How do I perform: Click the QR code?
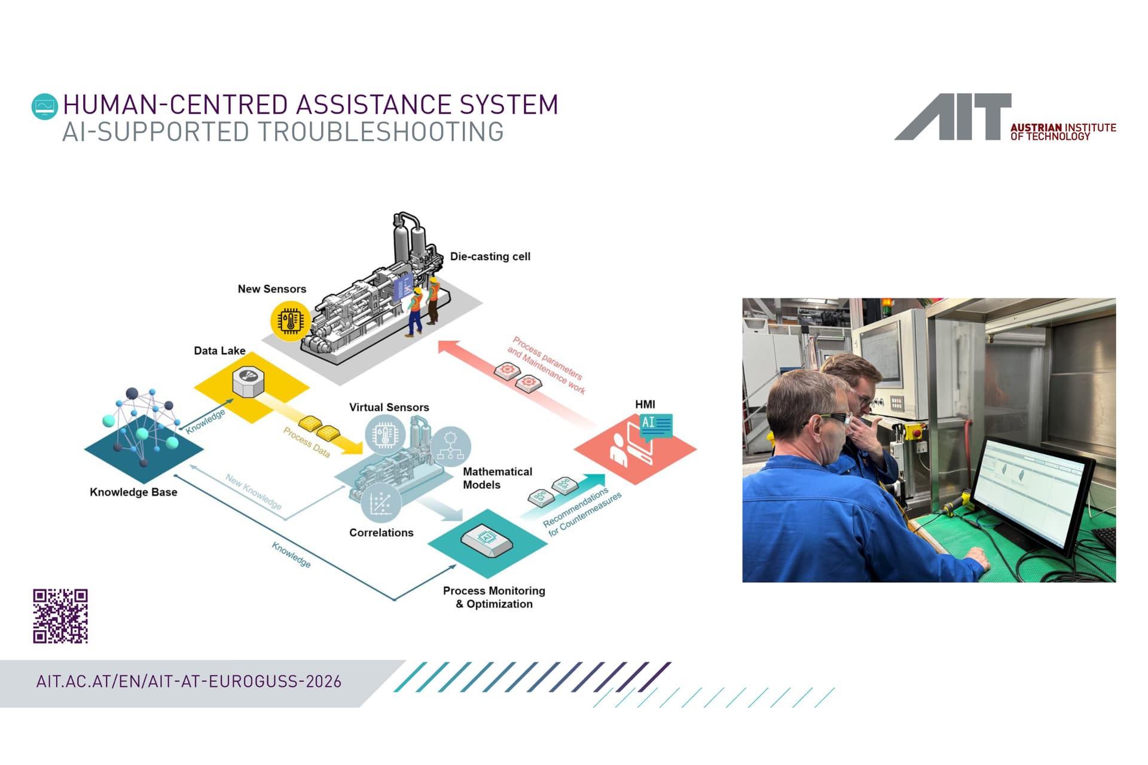tap(60, 616)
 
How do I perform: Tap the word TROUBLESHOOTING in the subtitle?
tap(377, 133)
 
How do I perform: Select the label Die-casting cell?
tap(490, 256)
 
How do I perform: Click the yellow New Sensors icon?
tap(291, 321)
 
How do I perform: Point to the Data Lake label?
tap(219, 351)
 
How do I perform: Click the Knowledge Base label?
tap(133, 492)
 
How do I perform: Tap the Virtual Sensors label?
tap(389, 408)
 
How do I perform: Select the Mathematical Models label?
tap(497, 478)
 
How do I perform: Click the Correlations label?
tap(381, 533)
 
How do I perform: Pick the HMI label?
tap(645, 405)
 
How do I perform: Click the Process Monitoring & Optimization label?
tap(494, 597)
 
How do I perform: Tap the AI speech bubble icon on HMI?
tap(656, 426)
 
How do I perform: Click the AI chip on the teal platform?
tap(487, 539)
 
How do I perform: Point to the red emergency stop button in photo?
tap(914, 430)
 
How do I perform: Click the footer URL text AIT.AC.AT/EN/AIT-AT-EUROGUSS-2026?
tap(189, 682)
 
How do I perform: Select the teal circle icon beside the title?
tap(45, 107)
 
